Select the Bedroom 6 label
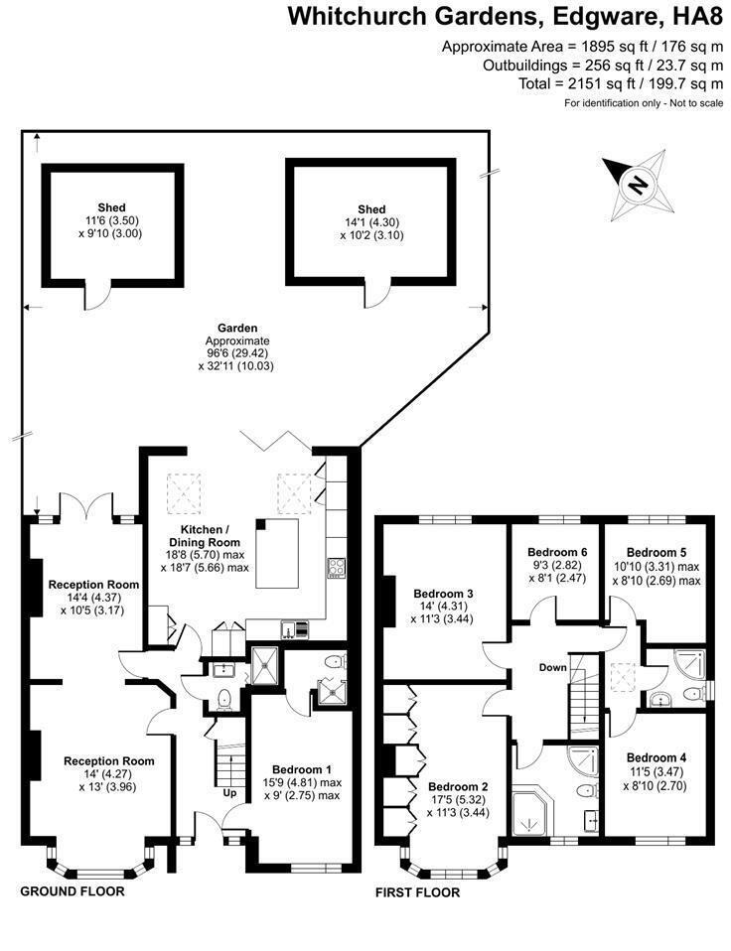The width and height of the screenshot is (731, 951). click(x=557, y=552)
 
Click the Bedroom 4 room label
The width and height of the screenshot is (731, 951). click(x=657, y=756)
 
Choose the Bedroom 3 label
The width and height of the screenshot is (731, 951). click(x=443, y=594)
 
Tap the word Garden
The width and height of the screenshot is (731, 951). click(x=237, y=328)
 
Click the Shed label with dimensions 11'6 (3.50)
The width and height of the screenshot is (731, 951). click(x=110, y=208)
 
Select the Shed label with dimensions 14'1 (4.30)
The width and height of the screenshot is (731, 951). click(x=371, y=208)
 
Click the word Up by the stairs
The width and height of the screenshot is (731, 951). click(x=230, y=794)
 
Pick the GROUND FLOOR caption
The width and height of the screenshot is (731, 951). click(x=73, y=891)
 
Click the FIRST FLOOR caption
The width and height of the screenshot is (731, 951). click(x=417, y=892)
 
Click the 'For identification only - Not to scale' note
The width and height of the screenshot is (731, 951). click(x=644, y=103)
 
